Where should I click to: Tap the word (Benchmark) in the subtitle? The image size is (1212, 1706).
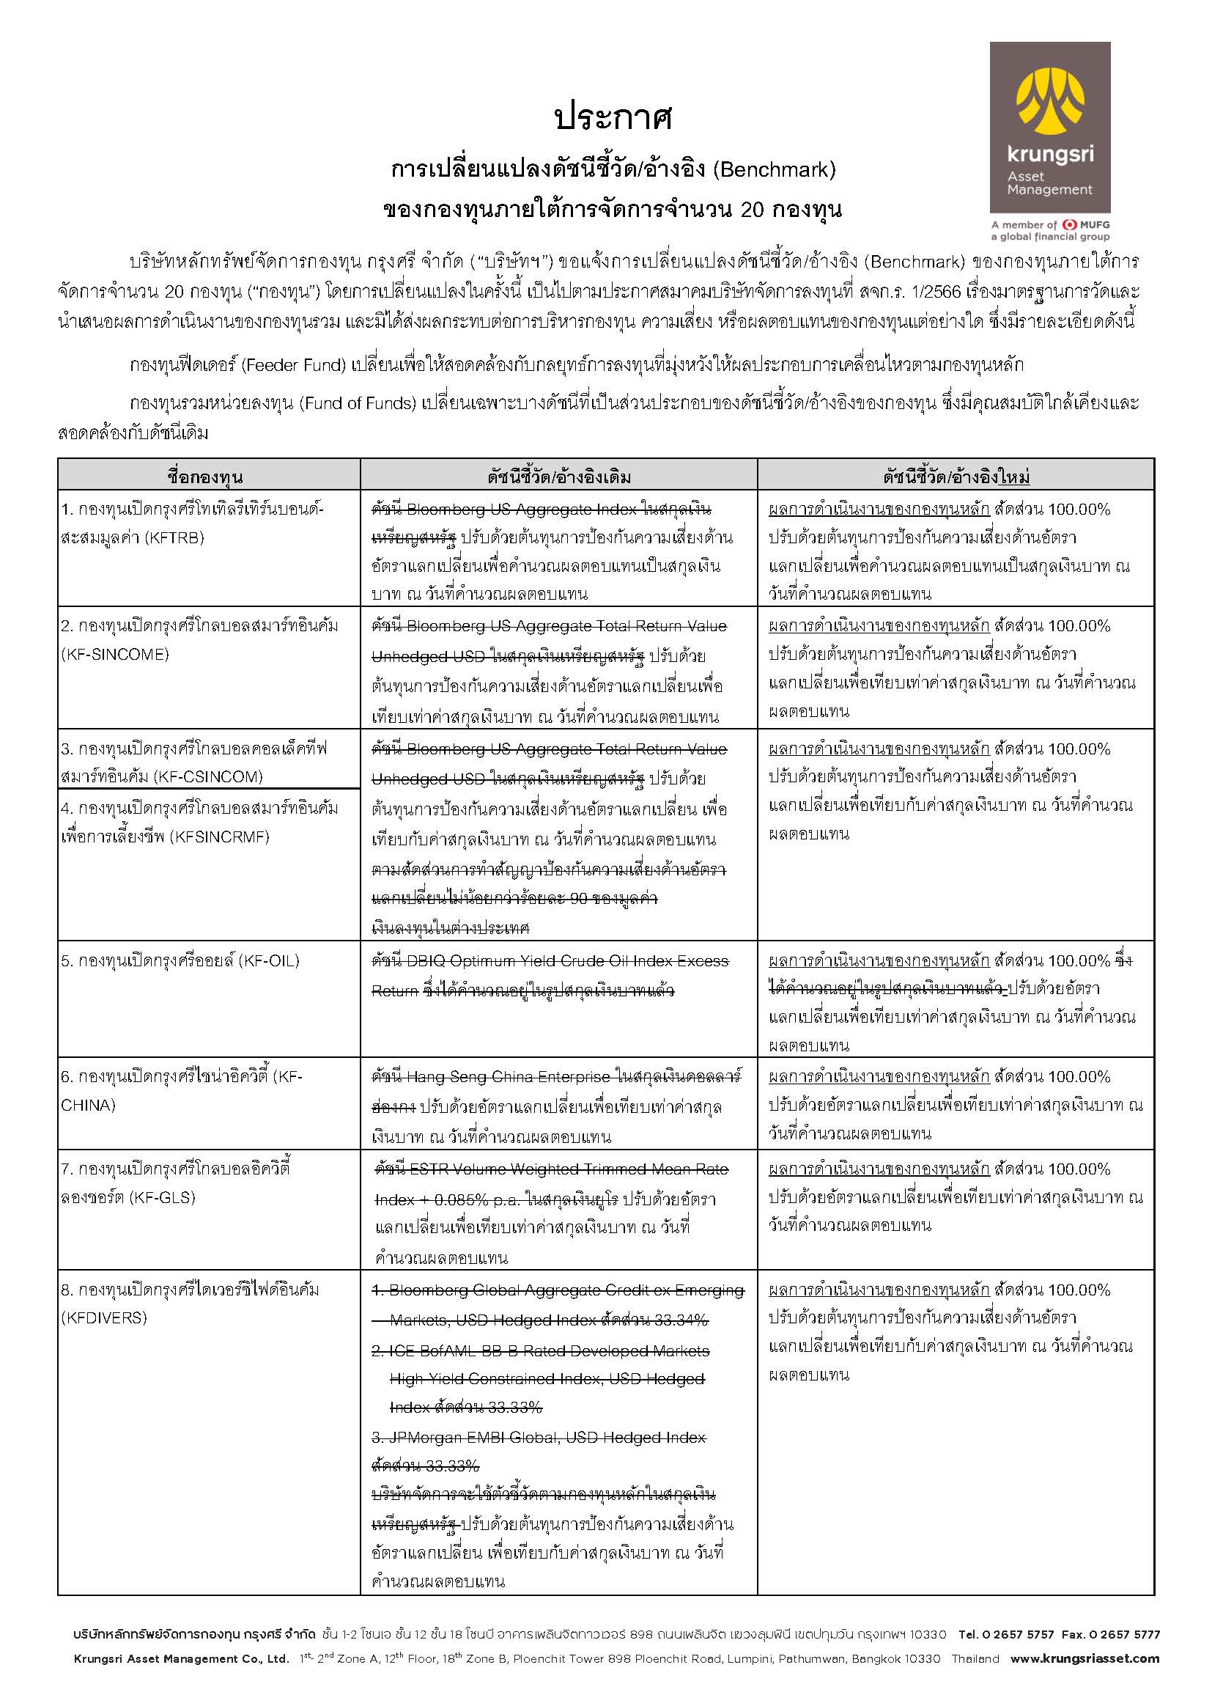point(774,170)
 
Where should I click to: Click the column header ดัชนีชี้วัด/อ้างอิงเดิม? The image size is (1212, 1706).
point(559,477)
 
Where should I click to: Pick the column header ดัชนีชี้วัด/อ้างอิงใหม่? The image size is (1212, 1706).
point(956,477)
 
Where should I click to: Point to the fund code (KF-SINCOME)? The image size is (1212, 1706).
point(115,654)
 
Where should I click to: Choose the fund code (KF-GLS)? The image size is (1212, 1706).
point(161,1197)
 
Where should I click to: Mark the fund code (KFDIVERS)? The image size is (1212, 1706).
point(104,1317)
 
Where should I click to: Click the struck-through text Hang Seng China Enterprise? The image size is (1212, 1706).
point(509,1077)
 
